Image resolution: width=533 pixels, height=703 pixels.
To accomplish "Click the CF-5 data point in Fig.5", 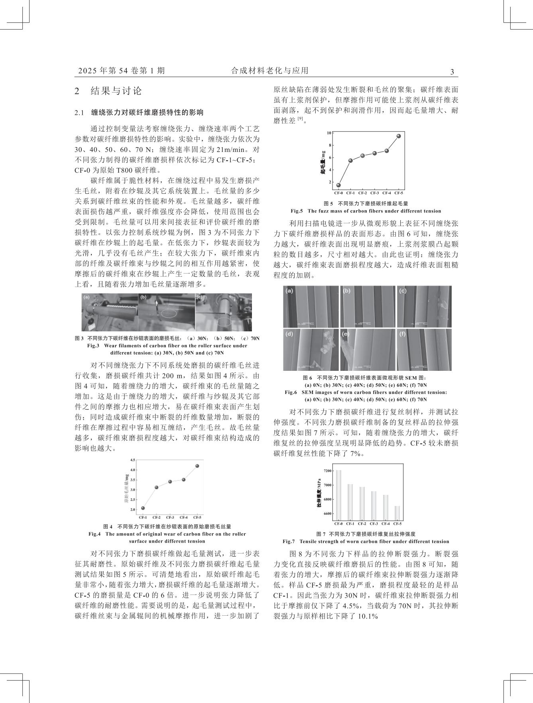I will [399, 136].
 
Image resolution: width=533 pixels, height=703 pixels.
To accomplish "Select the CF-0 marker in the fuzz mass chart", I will [338, 185].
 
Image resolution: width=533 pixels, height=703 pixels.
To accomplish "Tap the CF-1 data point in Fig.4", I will [143, 508].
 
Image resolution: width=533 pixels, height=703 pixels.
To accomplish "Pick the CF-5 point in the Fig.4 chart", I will [197, 466].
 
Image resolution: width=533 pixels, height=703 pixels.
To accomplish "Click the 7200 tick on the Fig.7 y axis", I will [327, 471].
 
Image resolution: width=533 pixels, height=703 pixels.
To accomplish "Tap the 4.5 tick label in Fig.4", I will [132, 460].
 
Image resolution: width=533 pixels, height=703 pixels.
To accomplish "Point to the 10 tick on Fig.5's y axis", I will [329, 133].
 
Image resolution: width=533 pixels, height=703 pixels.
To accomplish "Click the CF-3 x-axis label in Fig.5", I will [374, 193].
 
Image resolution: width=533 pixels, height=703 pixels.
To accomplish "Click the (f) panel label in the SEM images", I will [402, 334].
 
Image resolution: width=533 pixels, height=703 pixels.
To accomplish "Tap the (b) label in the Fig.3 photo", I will [144, 297].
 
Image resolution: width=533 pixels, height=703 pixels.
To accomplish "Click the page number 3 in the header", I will [452, 72].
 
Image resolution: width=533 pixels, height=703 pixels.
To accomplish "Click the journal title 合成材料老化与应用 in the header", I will [269, 71].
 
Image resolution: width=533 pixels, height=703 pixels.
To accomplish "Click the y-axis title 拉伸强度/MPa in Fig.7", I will [319, 493].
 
